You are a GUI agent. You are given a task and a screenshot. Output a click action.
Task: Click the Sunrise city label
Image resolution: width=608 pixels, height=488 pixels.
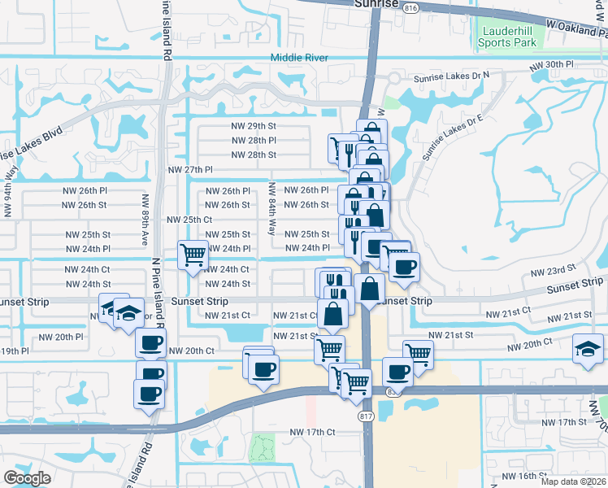tap(377, 4)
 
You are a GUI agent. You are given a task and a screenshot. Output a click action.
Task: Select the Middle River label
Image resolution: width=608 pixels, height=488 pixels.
tap(299, 58)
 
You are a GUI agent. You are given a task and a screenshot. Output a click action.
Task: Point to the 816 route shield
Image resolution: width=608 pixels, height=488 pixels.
tap(411, 7)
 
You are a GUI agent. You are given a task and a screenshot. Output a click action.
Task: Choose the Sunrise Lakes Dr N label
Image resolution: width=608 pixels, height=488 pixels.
tap(451, 76)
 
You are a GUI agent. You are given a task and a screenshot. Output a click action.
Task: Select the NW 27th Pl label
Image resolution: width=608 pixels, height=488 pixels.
tap(189, 170)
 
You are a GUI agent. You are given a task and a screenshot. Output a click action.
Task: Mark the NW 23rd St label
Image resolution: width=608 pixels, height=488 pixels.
tap(553, 266)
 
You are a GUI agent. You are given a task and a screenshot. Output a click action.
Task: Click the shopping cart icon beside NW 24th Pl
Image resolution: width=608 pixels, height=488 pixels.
tap(193, 255)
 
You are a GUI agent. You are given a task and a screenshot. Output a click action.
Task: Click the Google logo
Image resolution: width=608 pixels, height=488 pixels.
tap(27, 477)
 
